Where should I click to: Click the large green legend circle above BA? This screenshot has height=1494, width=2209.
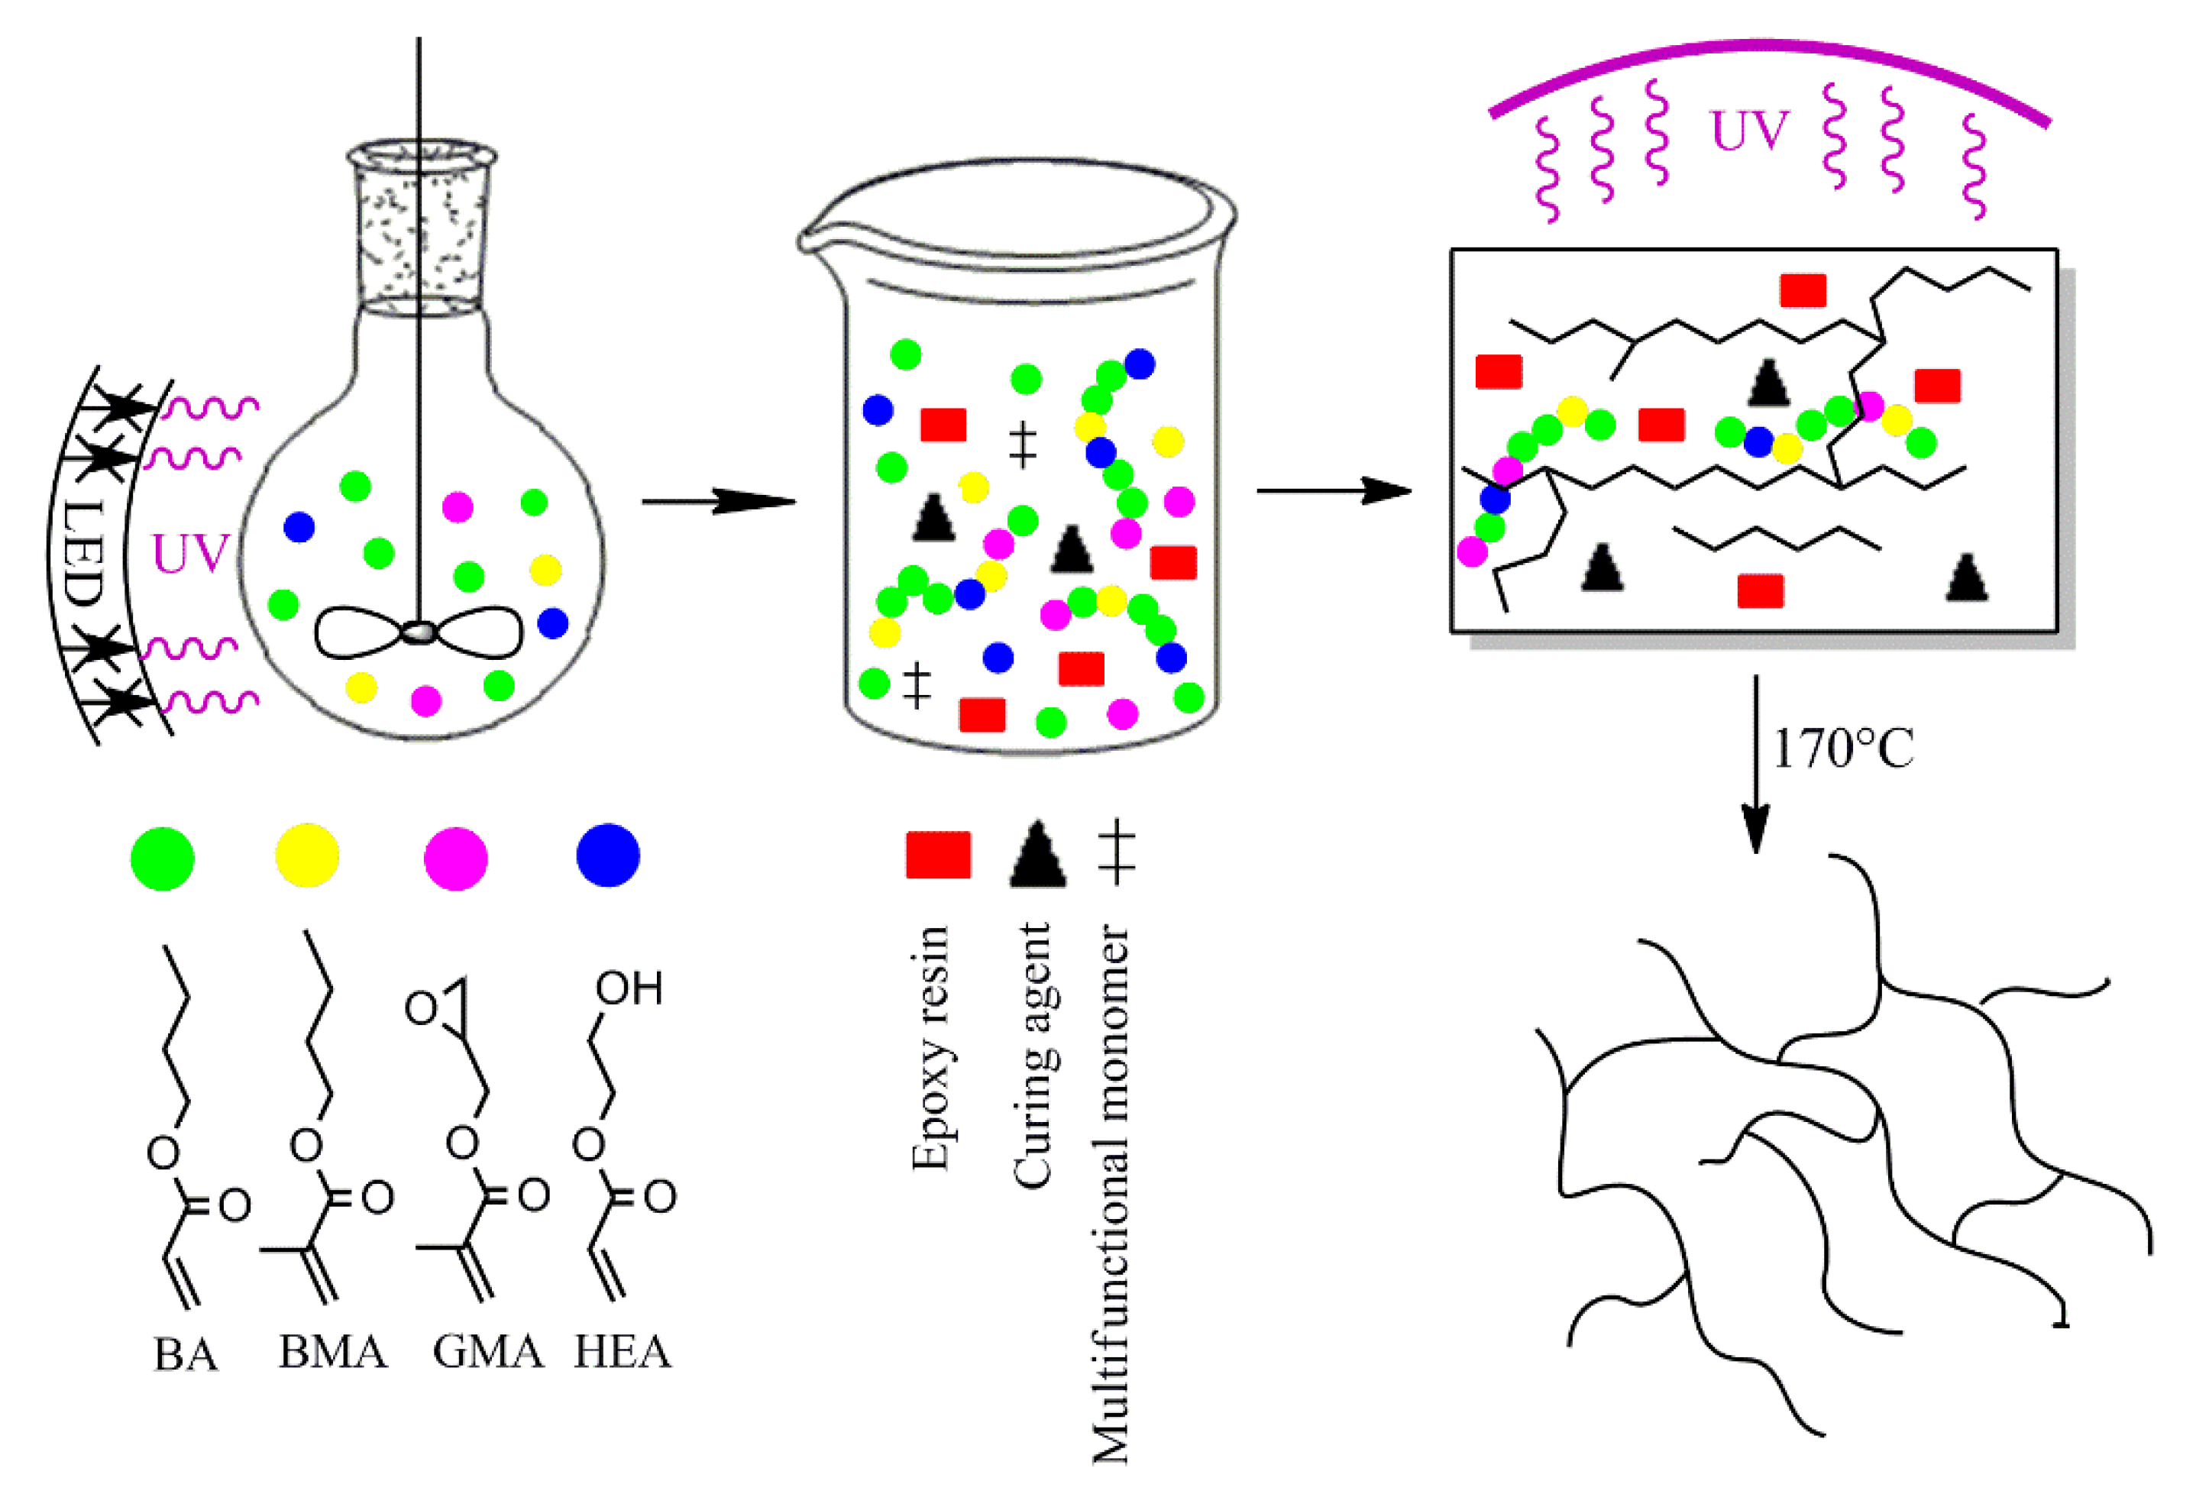(163, 859)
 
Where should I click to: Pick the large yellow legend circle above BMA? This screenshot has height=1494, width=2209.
(307, 856)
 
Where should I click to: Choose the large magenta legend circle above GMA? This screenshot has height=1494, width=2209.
(456, 859)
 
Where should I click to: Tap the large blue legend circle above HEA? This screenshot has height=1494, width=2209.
(608, 855)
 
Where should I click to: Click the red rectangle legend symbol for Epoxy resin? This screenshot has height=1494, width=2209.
(938, 855)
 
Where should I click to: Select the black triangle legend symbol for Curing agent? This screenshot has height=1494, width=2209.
(1037, 856)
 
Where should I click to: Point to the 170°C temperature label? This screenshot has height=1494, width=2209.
(1843, 750)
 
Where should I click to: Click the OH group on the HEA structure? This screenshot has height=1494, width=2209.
(629, 989)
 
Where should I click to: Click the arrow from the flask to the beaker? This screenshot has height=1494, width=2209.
(718, 501)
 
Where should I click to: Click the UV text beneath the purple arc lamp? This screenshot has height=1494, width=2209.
(1749, 131)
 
